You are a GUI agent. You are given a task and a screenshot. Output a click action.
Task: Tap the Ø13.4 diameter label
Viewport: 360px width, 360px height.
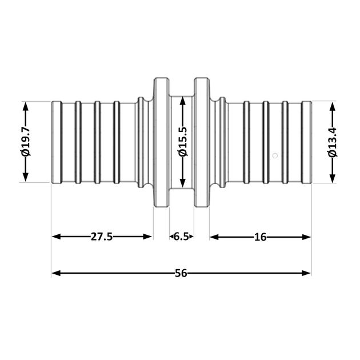tap(333, 142)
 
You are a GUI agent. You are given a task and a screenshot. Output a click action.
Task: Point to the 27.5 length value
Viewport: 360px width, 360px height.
tap(102, 237)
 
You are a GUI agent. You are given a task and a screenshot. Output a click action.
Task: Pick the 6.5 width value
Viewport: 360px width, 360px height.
tap(181, 237)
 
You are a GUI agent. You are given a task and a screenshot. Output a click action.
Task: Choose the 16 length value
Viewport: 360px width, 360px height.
tap(260, 237)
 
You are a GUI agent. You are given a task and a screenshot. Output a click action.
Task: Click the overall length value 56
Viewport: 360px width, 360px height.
tap(181, 273)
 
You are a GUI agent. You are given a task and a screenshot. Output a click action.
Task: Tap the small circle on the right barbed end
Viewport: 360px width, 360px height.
tap(275, 155)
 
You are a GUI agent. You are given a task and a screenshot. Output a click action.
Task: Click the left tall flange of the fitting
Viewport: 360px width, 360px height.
tap(162, 142)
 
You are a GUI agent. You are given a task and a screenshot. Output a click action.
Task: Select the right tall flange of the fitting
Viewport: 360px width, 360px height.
tap(202, 142)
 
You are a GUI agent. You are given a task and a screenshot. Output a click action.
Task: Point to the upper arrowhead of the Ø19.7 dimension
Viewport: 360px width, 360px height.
tap(26, 107)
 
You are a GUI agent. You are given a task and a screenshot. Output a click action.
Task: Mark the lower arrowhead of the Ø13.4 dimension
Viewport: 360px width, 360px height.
tap(333, 178)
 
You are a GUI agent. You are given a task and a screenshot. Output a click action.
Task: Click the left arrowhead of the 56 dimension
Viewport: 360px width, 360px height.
tap(57, 273)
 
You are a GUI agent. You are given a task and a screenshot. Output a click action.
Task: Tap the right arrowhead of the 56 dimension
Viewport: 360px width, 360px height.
tap(306, 273)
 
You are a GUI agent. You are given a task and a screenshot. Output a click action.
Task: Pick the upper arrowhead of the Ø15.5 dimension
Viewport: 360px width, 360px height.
tap(183, 101)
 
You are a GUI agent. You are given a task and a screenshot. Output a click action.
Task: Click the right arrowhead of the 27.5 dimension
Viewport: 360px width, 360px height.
tap(147, 237)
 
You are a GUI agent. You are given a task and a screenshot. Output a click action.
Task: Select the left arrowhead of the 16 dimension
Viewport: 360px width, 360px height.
tap(214, 237)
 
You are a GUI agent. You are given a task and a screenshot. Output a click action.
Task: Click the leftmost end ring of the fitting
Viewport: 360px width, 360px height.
tap(57, 142)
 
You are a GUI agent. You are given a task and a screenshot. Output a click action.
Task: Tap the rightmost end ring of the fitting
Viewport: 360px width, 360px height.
tap(306, 142)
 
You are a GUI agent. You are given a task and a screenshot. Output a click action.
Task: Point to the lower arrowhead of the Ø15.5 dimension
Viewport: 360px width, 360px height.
tap(183, 182)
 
